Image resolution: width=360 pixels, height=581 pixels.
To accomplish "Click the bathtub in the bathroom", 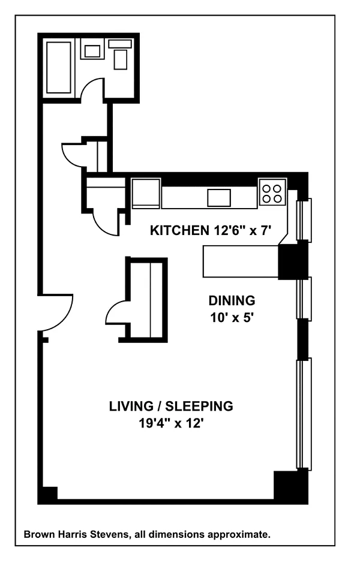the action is coord(59,67).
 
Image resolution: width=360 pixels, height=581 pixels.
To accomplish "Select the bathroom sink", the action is coord(92,51).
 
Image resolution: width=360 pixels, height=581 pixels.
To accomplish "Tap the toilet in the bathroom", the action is coord(120,55).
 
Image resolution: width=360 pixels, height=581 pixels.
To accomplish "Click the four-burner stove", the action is coord(272,192).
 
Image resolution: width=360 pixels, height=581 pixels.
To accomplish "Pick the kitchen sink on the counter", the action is coord(219,197).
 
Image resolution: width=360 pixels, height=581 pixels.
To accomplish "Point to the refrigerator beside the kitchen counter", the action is coord(146,193).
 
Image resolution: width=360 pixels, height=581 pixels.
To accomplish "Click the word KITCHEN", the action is coord(179,230).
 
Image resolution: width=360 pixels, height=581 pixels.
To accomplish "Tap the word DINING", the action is coord(232,300).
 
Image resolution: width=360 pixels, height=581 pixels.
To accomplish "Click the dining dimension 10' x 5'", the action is coord(232,318).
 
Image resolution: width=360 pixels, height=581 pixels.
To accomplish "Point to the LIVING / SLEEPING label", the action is coord(171,406).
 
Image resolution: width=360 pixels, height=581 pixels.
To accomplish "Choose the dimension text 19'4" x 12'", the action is coord(171,423).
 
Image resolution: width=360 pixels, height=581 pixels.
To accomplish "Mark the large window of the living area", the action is coord(304,414).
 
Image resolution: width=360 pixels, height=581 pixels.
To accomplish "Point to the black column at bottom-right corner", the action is coord(290,486).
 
